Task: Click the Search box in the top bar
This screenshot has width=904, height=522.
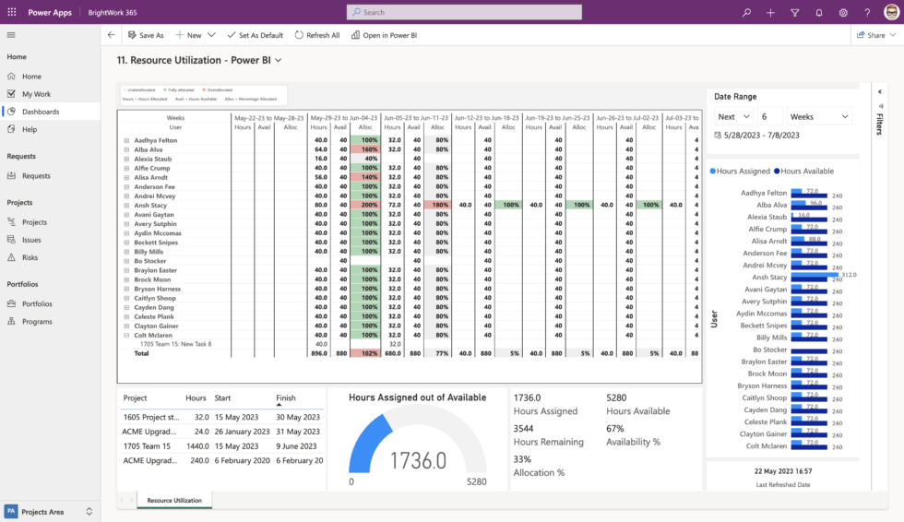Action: tap(464, 12)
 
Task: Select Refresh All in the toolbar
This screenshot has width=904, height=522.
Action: tap(317, 35)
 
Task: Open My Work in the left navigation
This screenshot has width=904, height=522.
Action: tap(36, 94)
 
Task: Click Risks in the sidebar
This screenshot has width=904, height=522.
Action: tap(30, 257)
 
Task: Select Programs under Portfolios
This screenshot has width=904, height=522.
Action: tap(37, 321)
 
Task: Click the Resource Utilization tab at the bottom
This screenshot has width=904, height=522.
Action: tap(174, 500)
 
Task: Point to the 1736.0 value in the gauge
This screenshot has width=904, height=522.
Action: tap(418, 460)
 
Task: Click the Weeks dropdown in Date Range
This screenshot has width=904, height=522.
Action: tap(819, 116)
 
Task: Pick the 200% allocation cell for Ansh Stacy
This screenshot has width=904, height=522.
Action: tap(370, 205)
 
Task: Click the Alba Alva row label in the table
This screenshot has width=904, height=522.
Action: tap(149, 149)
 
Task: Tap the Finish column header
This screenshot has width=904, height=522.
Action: tap(286, 398)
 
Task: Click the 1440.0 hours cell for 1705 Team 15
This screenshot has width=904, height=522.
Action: tap(195, 445)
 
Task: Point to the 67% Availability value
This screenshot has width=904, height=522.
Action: tap(615, 429)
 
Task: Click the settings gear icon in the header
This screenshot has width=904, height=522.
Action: tap(843, 13)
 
